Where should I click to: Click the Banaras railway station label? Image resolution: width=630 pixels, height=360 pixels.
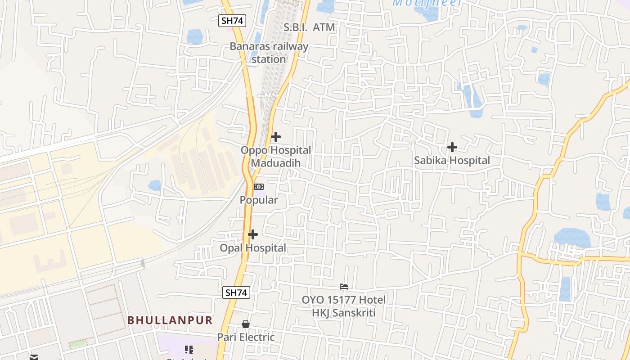[269, 53]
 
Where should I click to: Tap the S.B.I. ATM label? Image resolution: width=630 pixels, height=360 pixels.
[309, 27]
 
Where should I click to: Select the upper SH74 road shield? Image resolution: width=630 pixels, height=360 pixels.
[232, 21]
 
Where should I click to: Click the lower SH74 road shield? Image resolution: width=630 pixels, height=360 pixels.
[236, 292]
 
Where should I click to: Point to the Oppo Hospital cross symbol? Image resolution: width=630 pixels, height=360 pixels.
[276, 137]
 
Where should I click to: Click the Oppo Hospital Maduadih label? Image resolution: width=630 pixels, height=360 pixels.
[275, 156]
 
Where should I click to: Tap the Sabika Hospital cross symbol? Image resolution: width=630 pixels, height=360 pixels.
[452, 147]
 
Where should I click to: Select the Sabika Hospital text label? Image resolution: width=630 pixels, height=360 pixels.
[452, 160]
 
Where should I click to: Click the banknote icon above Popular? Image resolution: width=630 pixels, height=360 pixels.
[259, 187]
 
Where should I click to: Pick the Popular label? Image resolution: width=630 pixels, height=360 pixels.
[259, 200]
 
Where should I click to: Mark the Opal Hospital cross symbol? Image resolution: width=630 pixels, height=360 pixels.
[253, 234]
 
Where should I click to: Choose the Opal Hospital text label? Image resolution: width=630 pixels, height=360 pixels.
[253, 248]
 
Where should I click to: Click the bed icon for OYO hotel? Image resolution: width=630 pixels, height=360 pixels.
[344, 286]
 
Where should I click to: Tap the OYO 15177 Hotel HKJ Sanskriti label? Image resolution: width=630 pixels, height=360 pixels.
[344, 306]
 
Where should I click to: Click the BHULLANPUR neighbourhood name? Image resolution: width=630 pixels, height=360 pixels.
[170, 320]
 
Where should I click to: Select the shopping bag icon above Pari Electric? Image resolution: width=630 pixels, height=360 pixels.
[246, 324]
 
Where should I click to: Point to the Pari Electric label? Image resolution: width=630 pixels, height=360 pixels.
[246, 337]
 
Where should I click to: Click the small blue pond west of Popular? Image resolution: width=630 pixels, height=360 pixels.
[155, 185]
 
